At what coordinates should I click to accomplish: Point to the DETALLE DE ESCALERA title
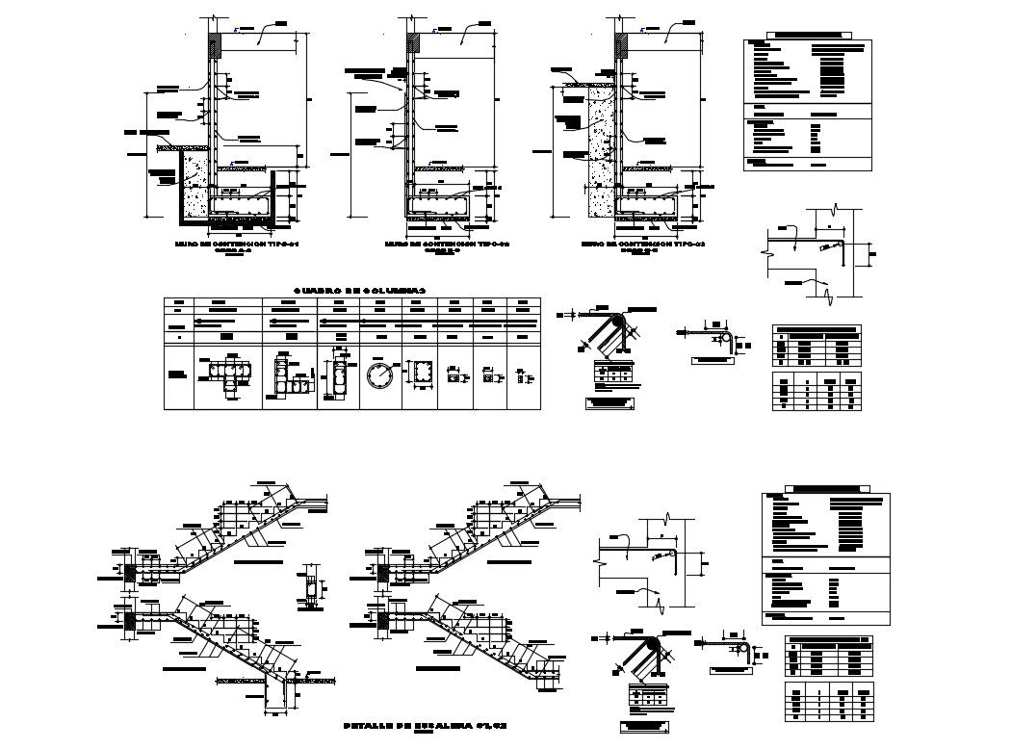pos(411,723)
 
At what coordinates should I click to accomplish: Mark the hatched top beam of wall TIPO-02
pos(414,44)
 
